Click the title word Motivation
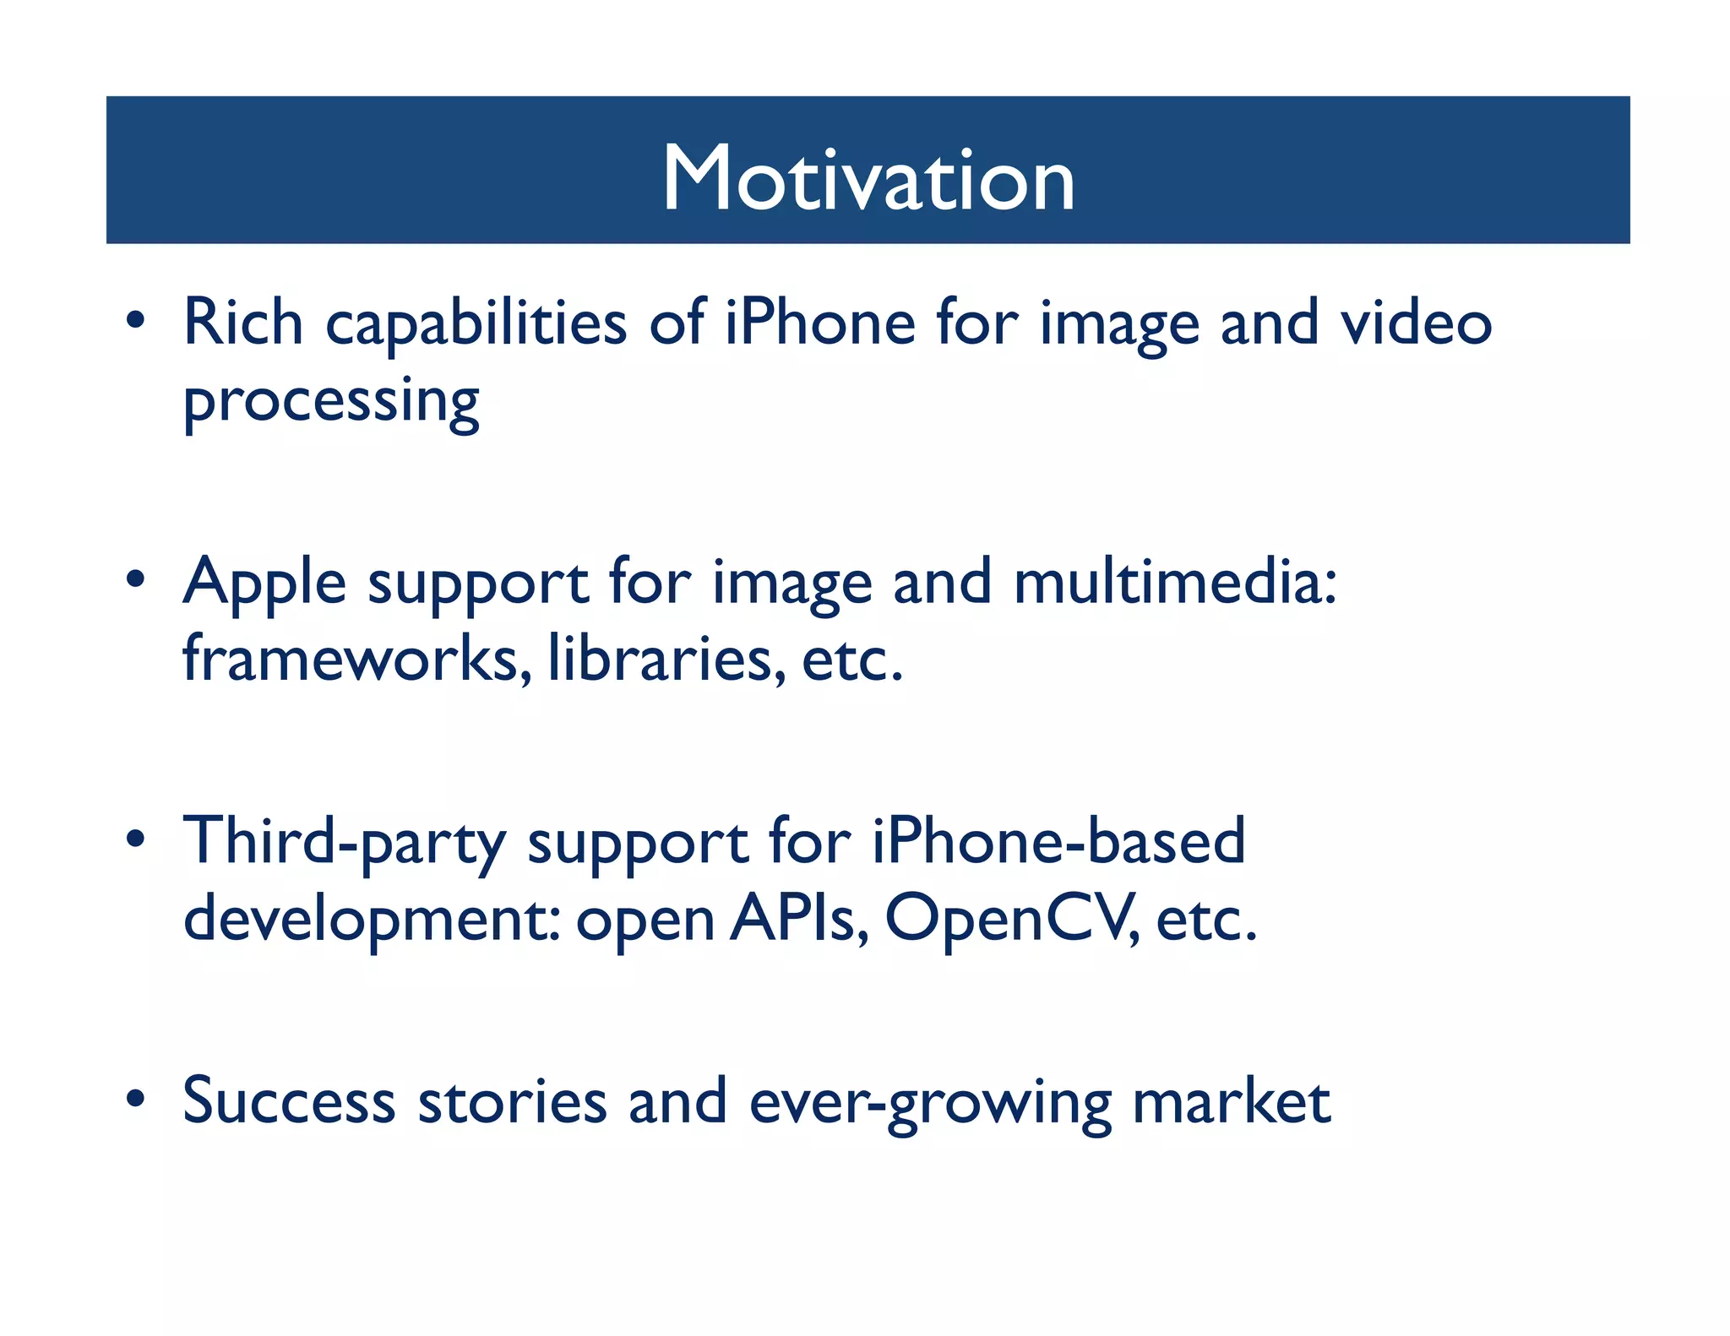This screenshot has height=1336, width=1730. click(x=868, y=178)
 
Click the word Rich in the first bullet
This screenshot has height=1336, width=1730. click(x=243, y=323)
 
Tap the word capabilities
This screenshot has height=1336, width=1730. click(x=476, y=324)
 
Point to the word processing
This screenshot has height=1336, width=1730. click(x=331, y=403)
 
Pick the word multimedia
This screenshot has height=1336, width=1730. click(x=1174, y=583)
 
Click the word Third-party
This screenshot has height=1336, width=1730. click(x=344, y=843)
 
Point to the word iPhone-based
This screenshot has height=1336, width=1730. click(x=1058, y=841)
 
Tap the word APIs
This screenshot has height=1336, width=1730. click(x=798, y=918)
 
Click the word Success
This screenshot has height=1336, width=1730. click(x=289, y=1101)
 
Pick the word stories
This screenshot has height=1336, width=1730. click(x=512, y=1101)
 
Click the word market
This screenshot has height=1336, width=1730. click(x=1231, y=1101)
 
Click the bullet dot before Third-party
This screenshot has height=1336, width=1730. click(x=135, y=839)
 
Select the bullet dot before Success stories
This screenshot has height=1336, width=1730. click(x=135, y=1099)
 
